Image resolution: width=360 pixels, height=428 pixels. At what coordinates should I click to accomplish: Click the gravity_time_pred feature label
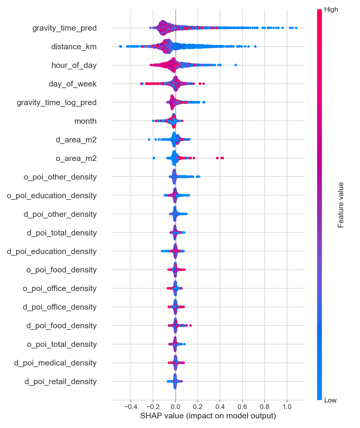(x=64, y=28)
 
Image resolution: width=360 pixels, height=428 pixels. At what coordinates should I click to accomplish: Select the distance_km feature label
(x=74, y=47)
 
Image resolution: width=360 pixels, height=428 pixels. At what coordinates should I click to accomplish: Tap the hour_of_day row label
(x=74, y=65)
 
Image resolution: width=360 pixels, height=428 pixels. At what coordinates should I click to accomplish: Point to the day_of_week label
(x=73, y=84)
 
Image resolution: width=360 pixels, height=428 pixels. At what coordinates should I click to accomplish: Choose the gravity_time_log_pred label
(x=57, y=103)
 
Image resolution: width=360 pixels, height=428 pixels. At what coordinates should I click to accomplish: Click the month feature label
(x=85, y=121)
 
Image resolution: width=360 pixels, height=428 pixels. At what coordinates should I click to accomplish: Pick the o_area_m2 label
(x=76, y=159)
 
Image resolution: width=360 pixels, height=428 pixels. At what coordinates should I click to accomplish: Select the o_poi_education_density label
(x=52, y=196)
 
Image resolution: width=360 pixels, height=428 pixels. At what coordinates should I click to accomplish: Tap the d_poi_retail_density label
(x=61, y=382)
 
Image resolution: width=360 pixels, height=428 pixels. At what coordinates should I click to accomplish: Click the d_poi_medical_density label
(x=55, y=363)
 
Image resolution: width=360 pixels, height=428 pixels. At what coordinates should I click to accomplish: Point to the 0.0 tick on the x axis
(x=175, y=407)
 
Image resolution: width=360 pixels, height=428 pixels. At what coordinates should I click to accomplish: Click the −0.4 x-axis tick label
(x=130, y=407)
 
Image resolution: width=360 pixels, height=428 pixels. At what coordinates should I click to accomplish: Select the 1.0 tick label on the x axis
(x=287, y=407)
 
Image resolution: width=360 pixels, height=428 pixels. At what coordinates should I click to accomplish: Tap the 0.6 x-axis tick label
(x=242, y=407)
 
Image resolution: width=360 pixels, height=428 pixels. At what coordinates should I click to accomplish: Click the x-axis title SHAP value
(x=208, y=416)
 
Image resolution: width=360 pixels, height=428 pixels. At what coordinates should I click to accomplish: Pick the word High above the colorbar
(x=331, y=10)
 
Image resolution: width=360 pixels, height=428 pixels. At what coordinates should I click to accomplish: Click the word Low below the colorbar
(x=330, y=400)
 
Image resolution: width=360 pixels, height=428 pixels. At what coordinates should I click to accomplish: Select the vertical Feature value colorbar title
(x=341, y=205)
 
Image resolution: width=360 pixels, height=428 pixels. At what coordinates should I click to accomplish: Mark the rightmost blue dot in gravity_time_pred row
(x=296, y=28)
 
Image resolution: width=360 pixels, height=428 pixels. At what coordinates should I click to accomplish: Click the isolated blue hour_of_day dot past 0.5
(x=235, y=65)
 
